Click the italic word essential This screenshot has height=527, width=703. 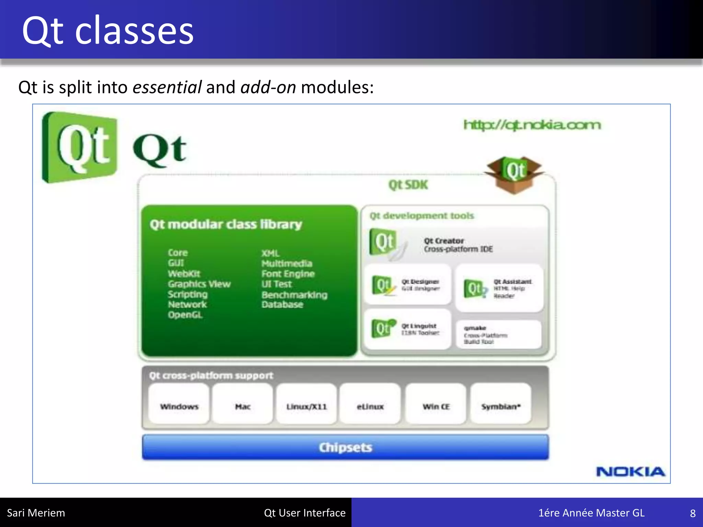tap(167, 87)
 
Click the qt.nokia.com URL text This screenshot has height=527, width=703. tap(532, 125)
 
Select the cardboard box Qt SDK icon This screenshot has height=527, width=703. tap(514, 174)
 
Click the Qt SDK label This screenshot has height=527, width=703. tap(408, 185)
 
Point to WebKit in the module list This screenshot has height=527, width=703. tap(184, 274)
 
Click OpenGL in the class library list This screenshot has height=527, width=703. tap(185, 315)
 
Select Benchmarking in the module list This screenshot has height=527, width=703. tap(294, 295)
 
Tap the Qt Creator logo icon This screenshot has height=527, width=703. tap(384, 243)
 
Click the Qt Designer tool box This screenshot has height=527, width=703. tap(408, 285)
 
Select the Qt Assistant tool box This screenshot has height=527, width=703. tap(499, 288)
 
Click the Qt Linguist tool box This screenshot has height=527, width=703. tap(407, 329)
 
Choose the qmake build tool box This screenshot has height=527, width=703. tap(498, 335)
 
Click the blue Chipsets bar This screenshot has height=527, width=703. tap(345, 447)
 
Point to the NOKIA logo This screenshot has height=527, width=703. tap(631, 472)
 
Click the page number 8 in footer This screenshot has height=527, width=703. tap(693, 513)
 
